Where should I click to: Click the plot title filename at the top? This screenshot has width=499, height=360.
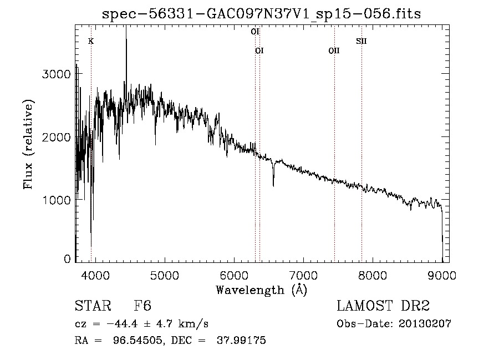262,13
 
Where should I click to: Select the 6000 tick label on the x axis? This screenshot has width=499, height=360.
234,275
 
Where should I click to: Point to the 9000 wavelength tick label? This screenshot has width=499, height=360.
442,275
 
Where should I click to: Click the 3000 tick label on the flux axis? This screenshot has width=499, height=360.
57,74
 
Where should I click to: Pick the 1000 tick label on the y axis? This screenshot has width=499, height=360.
57,200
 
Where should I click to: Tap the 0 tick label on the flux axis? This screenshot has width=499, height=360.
67,259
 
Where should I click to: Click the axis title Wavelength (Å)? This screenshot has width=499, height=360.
261,290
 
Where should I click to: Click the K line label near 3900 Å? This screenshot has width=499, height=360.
91,41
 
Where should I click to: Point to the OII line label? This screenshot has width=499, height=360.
334,51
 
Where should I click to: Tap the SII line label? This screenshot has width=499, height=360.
361,41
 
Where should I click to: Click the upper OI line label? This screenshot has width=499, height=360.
255,32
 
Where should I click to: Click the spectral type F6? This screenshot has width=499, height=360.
142,306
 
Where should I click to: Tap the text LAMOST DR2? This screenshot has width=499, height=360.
383,306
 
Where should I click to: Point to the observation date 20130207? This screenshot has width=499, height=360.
424,324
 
